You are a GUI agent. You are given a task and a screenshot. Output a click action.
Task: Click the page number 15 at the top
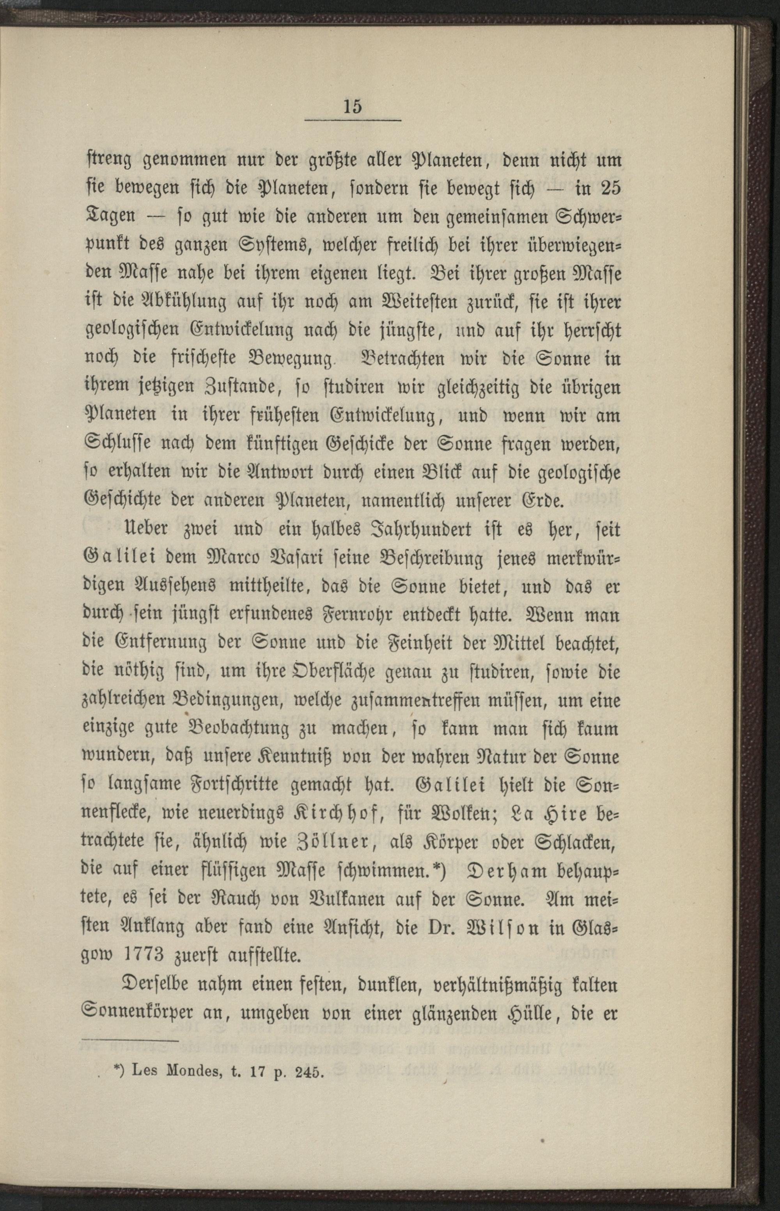[352, 106]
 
